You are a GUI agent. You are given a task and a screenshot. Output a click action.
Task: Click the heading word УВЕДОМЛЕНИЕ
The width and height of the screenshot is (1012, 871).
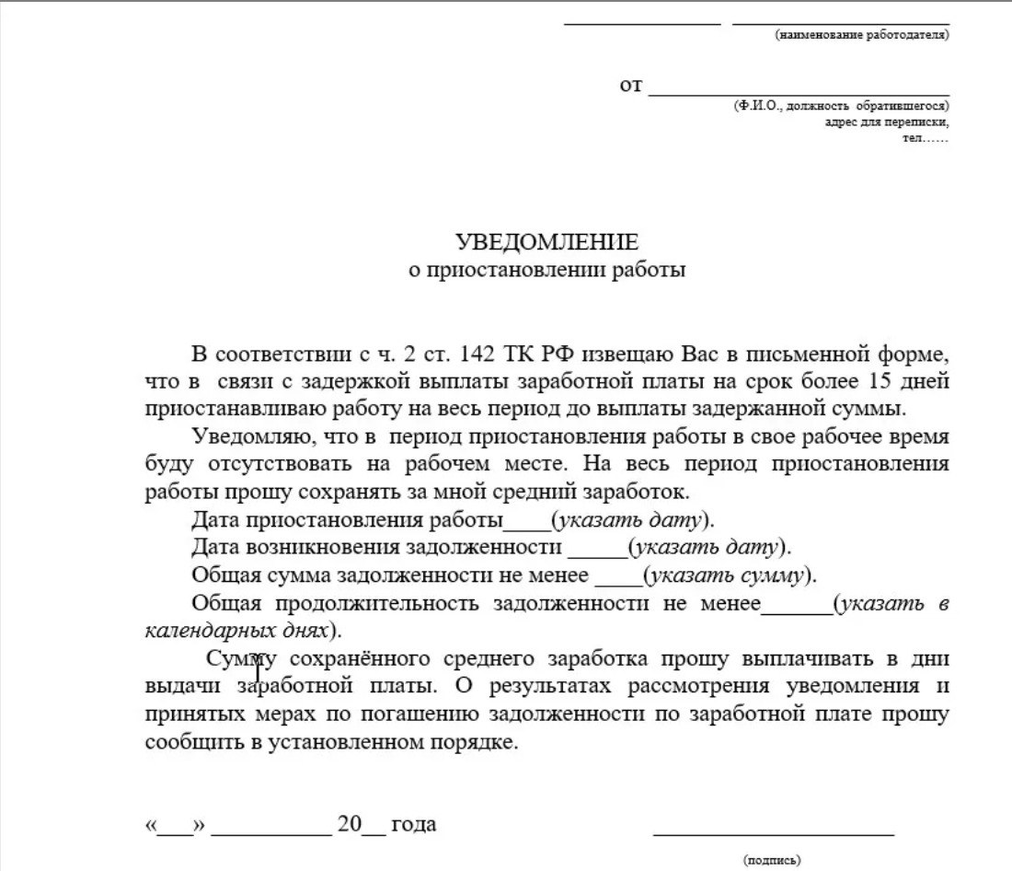tap(546, 242)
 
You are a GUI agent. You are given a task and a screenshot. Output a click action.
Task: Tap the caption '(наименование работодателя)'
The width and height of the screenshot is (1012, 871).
tap(862, 35)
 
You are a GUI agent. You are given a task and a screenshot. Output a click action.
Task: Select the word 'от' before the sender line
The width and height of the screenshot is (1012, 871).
tap(630, 86)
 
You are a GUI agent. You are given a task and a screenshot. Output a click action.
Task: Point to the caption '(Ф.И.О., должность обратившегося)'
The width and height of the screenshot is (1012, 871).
tap(841, 106)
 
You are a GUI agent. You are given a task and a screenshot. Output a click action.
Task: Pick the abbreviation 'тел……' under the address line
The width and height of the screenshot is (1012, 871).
tap(926, 137)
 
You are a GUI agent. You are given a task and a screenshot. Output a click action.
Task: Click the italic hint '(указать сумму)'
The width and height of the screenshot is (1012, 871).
tap(729, 576)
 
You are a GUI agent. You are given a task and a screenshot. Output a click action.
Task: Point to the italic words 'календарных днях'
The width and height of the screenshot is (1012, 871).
tap(236, 632)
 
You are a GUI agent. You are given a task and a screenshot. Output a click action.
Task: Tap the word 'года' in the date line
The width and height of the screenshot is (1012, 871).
tap(414, 824)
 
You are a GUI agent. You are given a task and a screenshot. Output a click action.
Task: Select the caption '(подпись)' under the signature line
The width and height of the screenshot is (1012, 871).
tap(772, 860)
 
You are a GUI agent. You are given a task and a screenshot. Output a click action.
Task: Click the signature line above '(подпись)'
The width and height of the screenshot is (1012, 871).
tap(773, 833)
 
